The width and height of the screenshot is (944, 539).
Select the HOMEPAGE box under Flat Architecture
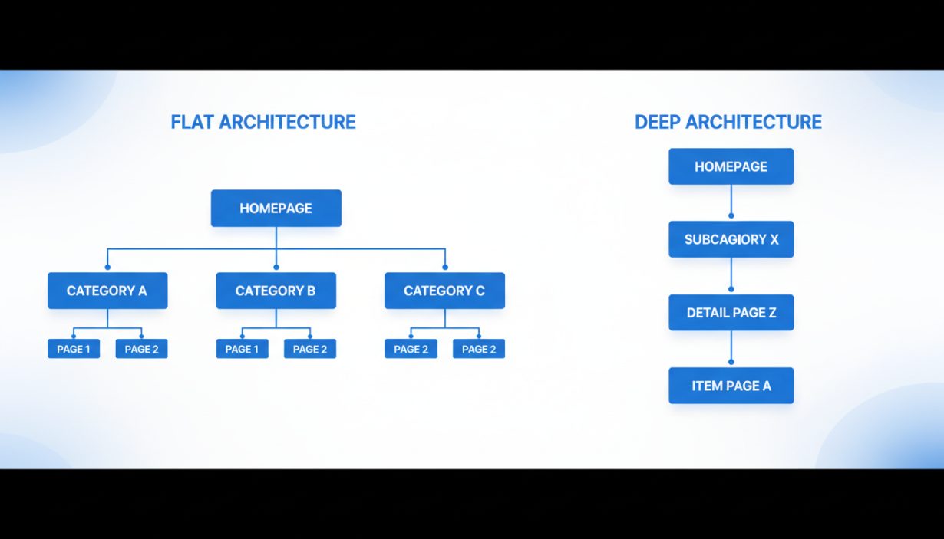point(276,208)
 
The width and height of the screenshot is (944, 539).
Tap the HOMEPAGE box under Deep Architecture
point(731,166)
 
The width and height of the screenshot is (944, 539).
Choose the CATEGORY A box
point(107,291)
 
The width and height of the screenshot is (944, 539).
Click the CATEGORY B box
point(276,291)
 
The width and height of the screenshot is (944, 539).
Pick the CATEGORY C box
point(444,291)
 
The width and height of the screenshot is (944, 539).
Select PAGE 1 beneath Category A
point(74,349)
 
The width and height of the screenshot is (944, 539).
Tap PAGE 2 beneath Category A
point(141,349)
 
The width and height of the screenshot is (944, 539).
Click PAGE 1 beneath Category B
point(242,349)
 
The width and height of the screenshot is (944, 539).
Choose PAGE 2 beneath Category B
point(310,349)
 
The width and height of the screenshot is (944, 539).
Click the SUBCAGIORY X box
point(731,239)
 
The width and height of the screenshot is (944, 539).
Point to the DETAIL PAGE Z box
point(731,312)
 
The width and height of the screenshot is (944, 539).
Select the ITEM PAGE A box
point(731,386)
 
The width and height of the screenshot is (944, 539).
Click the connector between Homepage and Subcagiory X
point(731,202)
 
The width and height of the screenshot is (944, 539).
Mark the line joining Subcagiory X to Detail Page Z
point(731,274)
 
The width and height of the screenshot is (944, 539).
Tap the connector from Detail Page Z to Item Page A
point(731,348)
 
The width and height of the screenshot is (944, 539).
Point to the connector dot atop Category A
point(107,268)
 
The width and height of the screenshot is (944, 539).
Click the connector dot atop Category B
point(276,268)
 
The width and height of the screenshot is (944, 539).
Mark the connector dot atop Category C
point(445,268)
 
